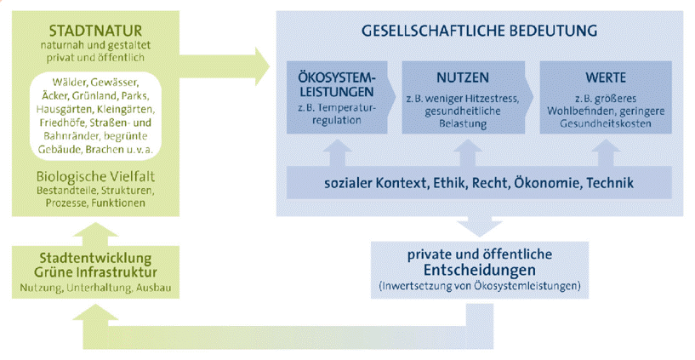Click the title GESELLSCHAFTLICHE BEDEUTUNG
(480, 31)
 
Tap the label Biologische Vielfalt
(95, 175)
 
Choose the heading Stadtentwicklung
(96, 258)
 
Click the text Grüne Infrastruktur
(96, 273)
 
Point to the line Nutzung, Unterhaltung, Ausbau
(96, 289)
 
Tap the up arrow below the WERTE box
(606, 151)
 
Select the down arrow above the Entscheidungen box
(481, 223)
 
